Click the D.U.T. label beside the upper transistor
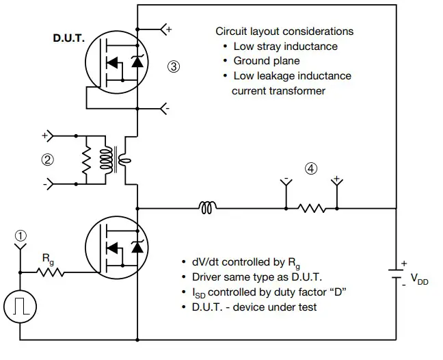[x=69, y=39]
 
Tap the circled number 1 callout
[x=21, y=235]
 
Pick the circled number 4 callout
[x=311, y=169]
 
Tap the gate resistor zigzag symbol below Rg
[x=51, y=272]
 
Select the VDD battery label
[x=419, y=279]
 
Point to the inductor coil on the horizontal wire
[x=206, y=207]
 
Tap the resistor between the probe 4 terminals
[x=311, y=207]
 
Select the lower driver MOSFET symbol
[x=117, y=247]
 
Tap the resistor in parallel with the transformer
[x=88, y=162]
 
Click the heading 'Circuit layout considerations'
[x=284, y=31]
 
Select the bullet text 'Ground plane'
[x=266, y=61]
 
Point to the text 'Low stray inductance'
[x=285, y=47]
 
